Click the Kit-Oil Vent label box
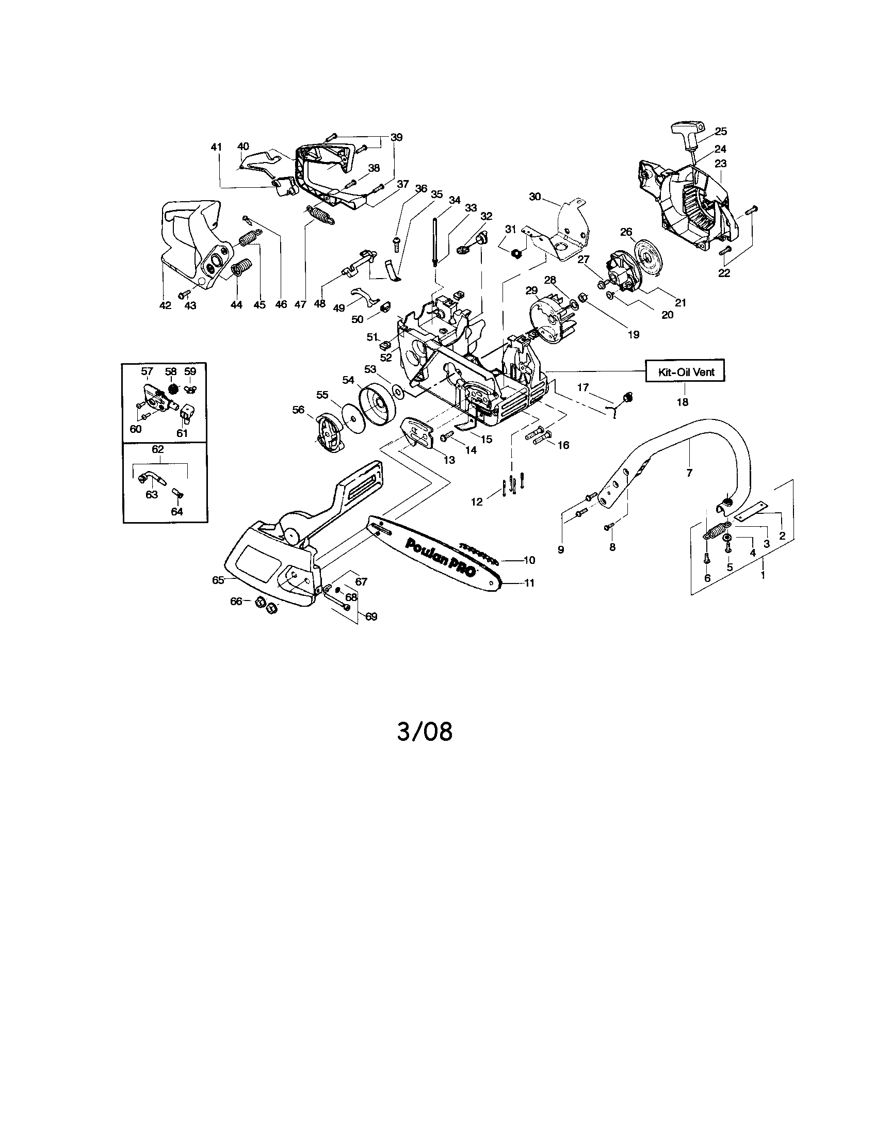click(685, 371)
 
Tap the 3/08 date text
click(425, 732)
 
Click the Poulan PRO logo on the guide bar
click(442, 557)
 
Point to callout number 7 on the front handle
click(689, 473)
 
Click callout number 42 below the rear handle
click(165, 305)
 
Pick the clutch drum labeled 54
click(377, 400)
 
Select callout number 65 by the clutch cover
click(218, 580)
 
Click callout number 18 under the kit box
click(682, 402)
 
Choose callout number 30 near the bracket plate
click(535, 197)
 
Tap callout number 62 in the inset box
click(157, 449)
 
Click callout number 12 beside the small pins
click(477, 501)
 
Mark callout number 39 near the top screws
click(396, 137)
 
